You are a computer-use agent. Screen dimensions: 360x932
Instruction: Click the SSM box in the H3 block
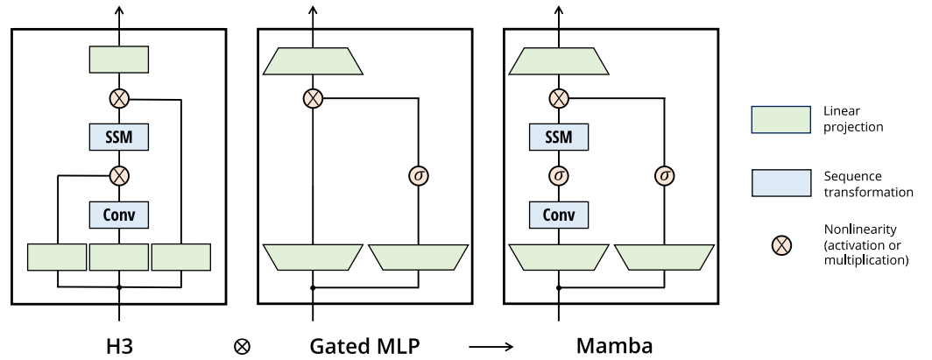[119, 138]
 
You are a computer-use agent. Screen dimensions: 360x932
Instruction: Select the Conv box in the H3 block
[119, 215]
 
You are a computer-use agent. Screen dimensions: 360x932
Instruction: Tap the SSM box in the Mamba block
[558, 138]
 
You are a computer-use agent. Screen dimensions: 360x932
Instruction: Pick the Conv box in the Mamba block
[558, 215]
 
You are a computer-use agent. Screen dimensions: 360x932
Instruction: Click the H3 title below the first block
[119, 345]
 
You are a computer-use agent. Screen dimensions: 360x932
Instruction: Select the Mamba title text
[614, 345]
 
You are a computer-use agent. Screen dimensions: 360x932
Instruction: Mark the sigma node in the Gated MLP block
[419, 176]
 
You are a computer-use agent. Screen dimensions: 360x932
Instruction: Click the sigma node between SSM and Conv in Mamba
[558, 176]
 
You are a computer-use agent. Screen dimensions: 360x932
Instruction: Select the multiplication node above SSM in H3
[119, 99]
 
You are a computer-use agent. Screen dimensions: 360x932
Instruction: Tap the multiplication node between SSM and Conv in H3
[119, 176]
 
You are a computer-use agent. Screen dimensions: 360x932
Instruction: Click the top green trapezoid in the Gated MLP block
[313, 61]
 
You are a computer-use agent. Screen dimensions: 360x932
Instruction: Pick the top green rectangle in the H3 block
[119, 60]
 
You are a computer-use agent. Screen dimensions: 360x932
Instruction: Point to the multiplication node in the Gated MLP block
[313, 99]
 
